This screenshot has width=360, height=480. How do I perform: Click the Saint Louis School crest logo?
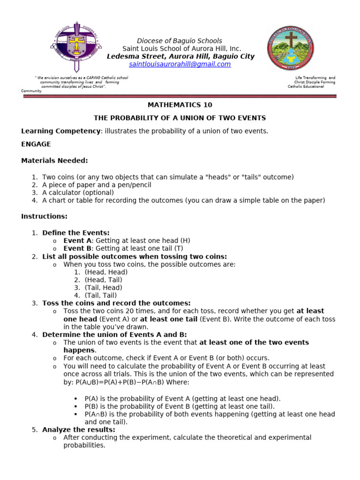click(x=75, y=45)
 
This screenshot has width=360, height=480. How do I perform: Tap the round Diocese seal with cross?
click(x=291, y=48)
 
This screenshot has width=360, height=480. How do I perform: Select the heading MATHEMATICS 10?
click(x=180, y=105)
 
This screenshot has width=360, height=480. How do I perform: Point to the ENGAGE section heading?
click(x=36, y=144)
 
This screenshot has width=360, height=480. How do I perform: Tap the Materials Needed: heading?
click(x=54, y=161)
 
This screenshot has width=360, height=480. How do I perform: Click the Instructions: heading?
click(x=44, y=217)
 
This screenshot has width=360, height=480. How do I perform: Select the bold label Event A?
click(x=77, y=240)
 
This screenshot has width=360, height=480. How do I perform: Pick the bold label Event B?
click(x=77, y=248)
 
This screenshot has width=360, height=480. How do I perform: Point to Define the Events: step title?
click(x=75, y=232)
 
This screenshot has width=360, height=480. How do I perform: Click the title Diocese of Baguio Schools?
click(x=180, y=41)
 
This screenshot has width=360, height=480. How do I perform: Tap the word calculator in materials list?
click(x=64, y=193)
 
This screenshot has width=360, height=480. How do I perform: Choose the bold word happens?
click(x=79, y=350)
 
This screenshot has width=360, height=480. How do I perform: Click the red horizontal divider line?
click(x=180, y=96)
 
